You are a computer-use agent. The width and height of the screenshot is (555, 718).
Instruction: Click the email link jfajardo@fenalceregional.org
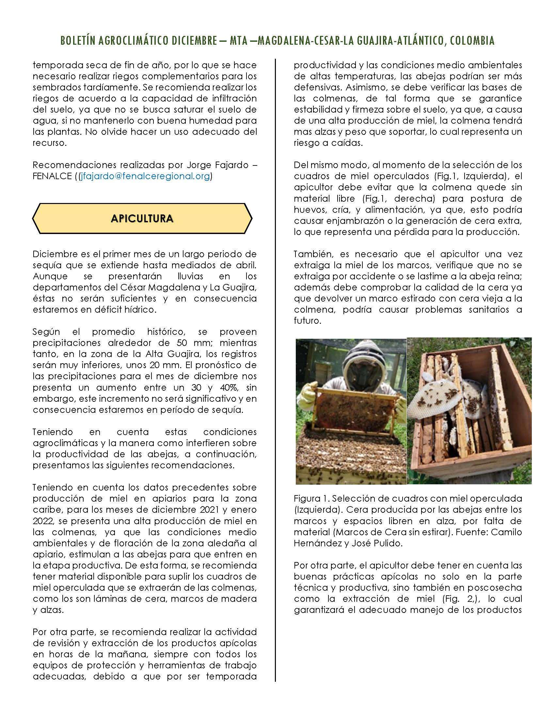tap(145, 176)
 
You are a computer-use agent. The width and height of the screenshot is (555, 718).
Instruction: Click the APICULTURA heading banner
tap(142, 219)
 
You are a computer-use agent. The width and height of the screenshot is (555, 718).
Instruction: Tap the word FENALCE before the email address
tap(52, 176)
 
